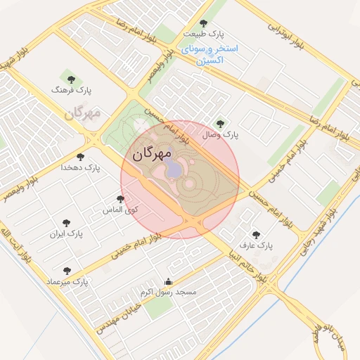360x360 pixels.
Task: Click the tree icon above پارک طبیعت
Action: [204, 23]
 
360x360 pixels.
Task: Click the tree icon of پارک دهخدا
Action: [79, 157]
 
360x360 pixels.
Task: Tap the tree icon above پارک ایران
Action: [66, 222]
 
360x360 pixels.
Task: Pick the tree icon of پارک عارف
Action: [255, 235]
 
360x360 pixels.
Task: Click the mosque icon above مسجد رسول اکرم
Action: [167, 281]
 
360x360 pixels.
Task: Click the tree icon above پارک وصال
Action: [220, 124]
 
